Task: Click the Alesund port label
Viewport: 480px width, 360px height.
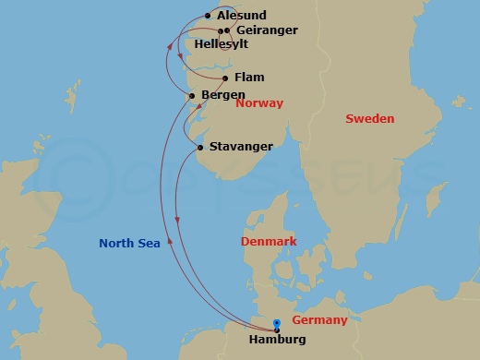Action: [x=241, y=16]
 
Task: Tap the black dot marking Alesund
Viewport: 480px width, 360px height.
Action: [x=207, y=16]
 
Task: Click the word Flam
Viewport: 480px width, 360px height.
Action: [x=249, y=78]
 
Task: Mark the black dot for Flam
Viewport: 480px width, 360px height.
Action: [x=225, y=78]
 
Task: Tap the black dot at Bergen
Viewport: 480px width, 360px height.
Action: [x=192, y=95]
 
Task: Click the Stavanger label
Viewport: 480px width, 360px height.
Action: [x=241, y=147]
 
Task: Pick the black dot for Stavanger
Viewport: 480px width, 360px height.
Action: [x=200, y=147]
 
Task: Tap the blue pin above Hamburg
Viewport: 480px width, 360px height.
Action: [x=277, y=323]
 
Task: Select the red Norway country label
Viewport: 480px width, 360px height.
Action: [x=259, y=103]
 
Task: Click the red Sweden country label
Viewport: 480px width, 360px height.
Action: [x=369, y=119]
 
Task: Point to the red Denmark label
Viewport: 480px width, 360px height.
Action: [x=268, y=242]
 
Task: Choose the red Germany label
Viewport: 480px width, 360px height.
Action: [x=319, y=320]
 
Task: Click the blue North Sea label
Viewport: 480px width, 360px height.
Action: [x=130, y=245]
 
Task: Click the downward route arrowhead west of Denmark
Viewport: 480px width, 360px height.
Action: [x=176, y=218]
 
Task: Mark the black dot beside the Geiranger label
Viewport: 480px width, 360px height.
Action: [x=226, y=30]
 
